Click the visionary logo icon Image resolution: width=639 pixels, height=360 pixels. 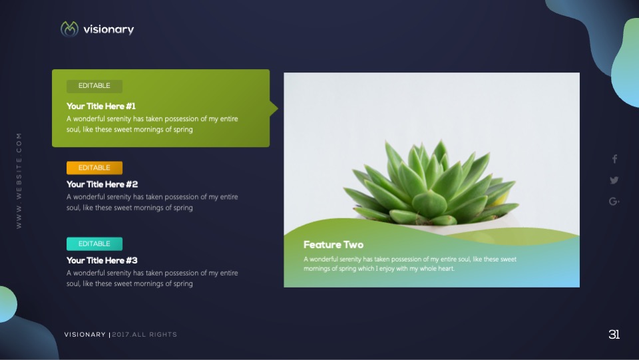[x=69, y=29]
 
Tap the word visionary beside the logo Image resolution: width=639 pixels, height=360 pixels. [x=108, y=29]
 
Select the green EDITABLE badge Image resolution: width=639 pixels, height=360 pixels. [x=95, y=86]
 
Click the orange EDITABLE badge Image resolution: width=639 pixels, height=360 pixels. [x=95, y=168]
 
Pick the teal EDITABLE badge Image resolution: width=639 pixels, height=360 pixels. [x=95, y=244]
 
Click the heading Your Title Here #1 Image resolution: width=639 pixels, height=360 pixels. [x=101, y=106]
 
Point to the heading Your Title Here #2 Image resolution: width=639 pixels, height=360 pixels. [x=103, y=184]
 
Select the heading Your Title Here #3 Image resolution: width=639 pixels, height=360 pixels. [x=102, y=261]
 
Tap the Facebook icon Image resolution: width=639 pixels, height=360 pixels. [x=614, y=159]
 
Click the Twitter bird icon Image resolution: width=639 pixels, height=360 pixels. [x=614, y=180]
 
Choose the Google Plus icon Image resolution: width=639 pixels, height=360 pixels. [x=614, y=201]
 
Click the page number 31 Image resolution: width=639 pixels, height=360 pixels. [x=614, y=334]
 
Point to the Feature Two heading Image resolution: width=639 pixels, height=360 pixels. [x=333, y=245]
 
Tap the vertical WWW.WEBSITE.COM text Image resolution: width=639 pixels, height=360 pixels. [x=19, y=181]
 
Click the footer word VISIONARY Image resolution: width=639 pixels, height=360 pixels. [x=85, y=335]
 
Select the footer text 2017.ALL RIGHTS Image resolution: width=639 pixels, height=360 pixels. [x=144, y=335]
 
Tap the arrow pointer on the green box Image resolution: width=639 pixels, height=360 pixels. [x=274, y=108]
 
